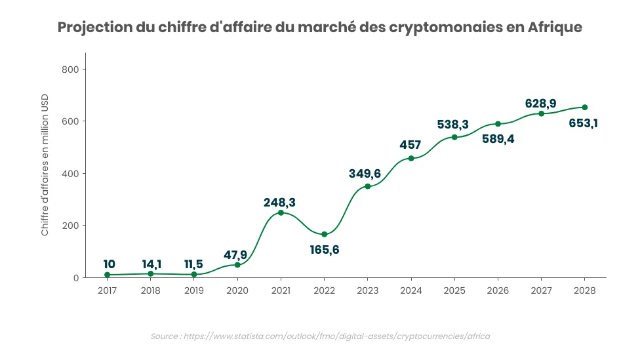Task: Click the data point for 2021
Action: (281, 212)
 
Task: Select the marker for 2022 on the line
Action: (324, 234)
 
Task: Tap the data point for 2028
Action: (584, 107)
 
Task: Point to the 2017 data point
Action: (107, 275)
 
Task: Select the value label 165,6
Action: (324, 250)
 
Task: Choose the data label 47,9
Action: (237, 254)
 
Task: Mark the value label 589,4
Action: (498, 139)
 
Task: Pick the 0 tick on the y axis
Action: (76, 278)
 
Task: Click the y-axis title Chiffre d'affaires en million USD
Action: (45, 174)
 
